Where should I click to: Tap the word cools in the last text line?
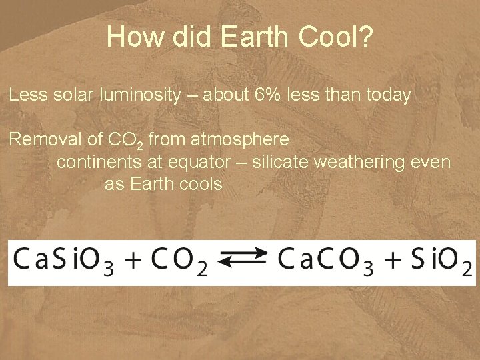(201, 184)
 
